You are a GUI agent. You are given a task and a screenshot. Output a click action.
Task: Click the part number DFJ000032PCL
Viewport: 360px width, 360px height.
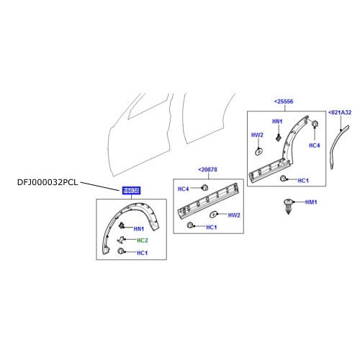point(46,183)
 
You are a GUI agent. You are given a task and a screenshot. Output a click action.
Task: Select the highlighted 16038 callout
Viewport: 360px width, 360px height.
point(131,191)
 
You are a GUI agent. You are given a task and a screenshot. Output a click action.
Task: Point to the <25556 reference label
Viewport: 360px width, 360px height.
point(284,102)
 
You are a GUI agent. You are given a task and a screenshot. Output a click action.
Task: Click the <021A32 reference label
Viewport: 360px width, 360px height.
point(340,113)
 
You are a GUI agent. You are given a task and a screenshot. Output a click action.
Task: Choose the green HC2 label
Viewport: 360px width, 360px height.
point(143,240)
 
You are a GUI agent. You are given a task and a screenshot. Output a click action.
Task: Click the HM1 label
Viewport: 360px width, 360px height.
point(311,203)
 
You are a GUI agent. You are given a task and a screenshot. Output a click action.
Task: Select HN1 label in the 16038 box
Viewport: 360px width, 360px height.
point(139,228)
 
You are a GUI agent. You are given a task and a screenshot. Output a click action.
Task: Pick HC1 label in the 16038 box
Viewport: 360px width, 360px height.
point(142,253)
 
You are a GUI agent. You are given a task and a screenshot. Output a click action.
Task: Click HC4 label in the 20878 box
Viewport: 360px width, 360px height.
point(184,189)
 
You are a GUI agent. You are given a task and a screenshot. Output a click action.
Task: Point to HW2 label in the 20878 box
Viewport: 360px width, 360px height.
point(233,215)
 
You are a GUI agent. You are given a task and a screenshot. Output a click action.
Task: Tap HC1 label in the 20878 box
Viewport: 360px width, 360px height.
point(211,228)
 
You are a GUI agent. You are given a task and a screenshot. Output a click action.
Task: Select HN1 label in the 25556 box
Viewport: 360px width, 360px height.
point(277,122)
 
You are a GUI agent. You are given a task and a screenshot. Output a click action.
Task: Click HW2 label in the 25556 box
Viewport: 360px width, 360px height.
point(257,135)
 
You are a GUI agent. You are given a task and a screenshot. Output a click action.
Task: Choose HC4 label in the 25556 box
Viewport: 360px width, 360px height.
point(314,145)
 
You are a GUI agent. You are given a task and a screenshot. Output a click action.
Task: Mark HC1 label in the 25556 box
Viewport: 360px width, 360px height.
point(303,180)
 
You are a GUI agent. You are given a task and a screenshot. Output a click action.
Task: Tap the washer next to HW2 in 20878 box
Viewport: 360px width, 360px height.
point(214,215)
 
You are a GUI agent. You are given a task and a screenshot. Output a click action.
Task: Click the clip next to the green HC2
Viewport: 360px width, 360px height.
point(122,240)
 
